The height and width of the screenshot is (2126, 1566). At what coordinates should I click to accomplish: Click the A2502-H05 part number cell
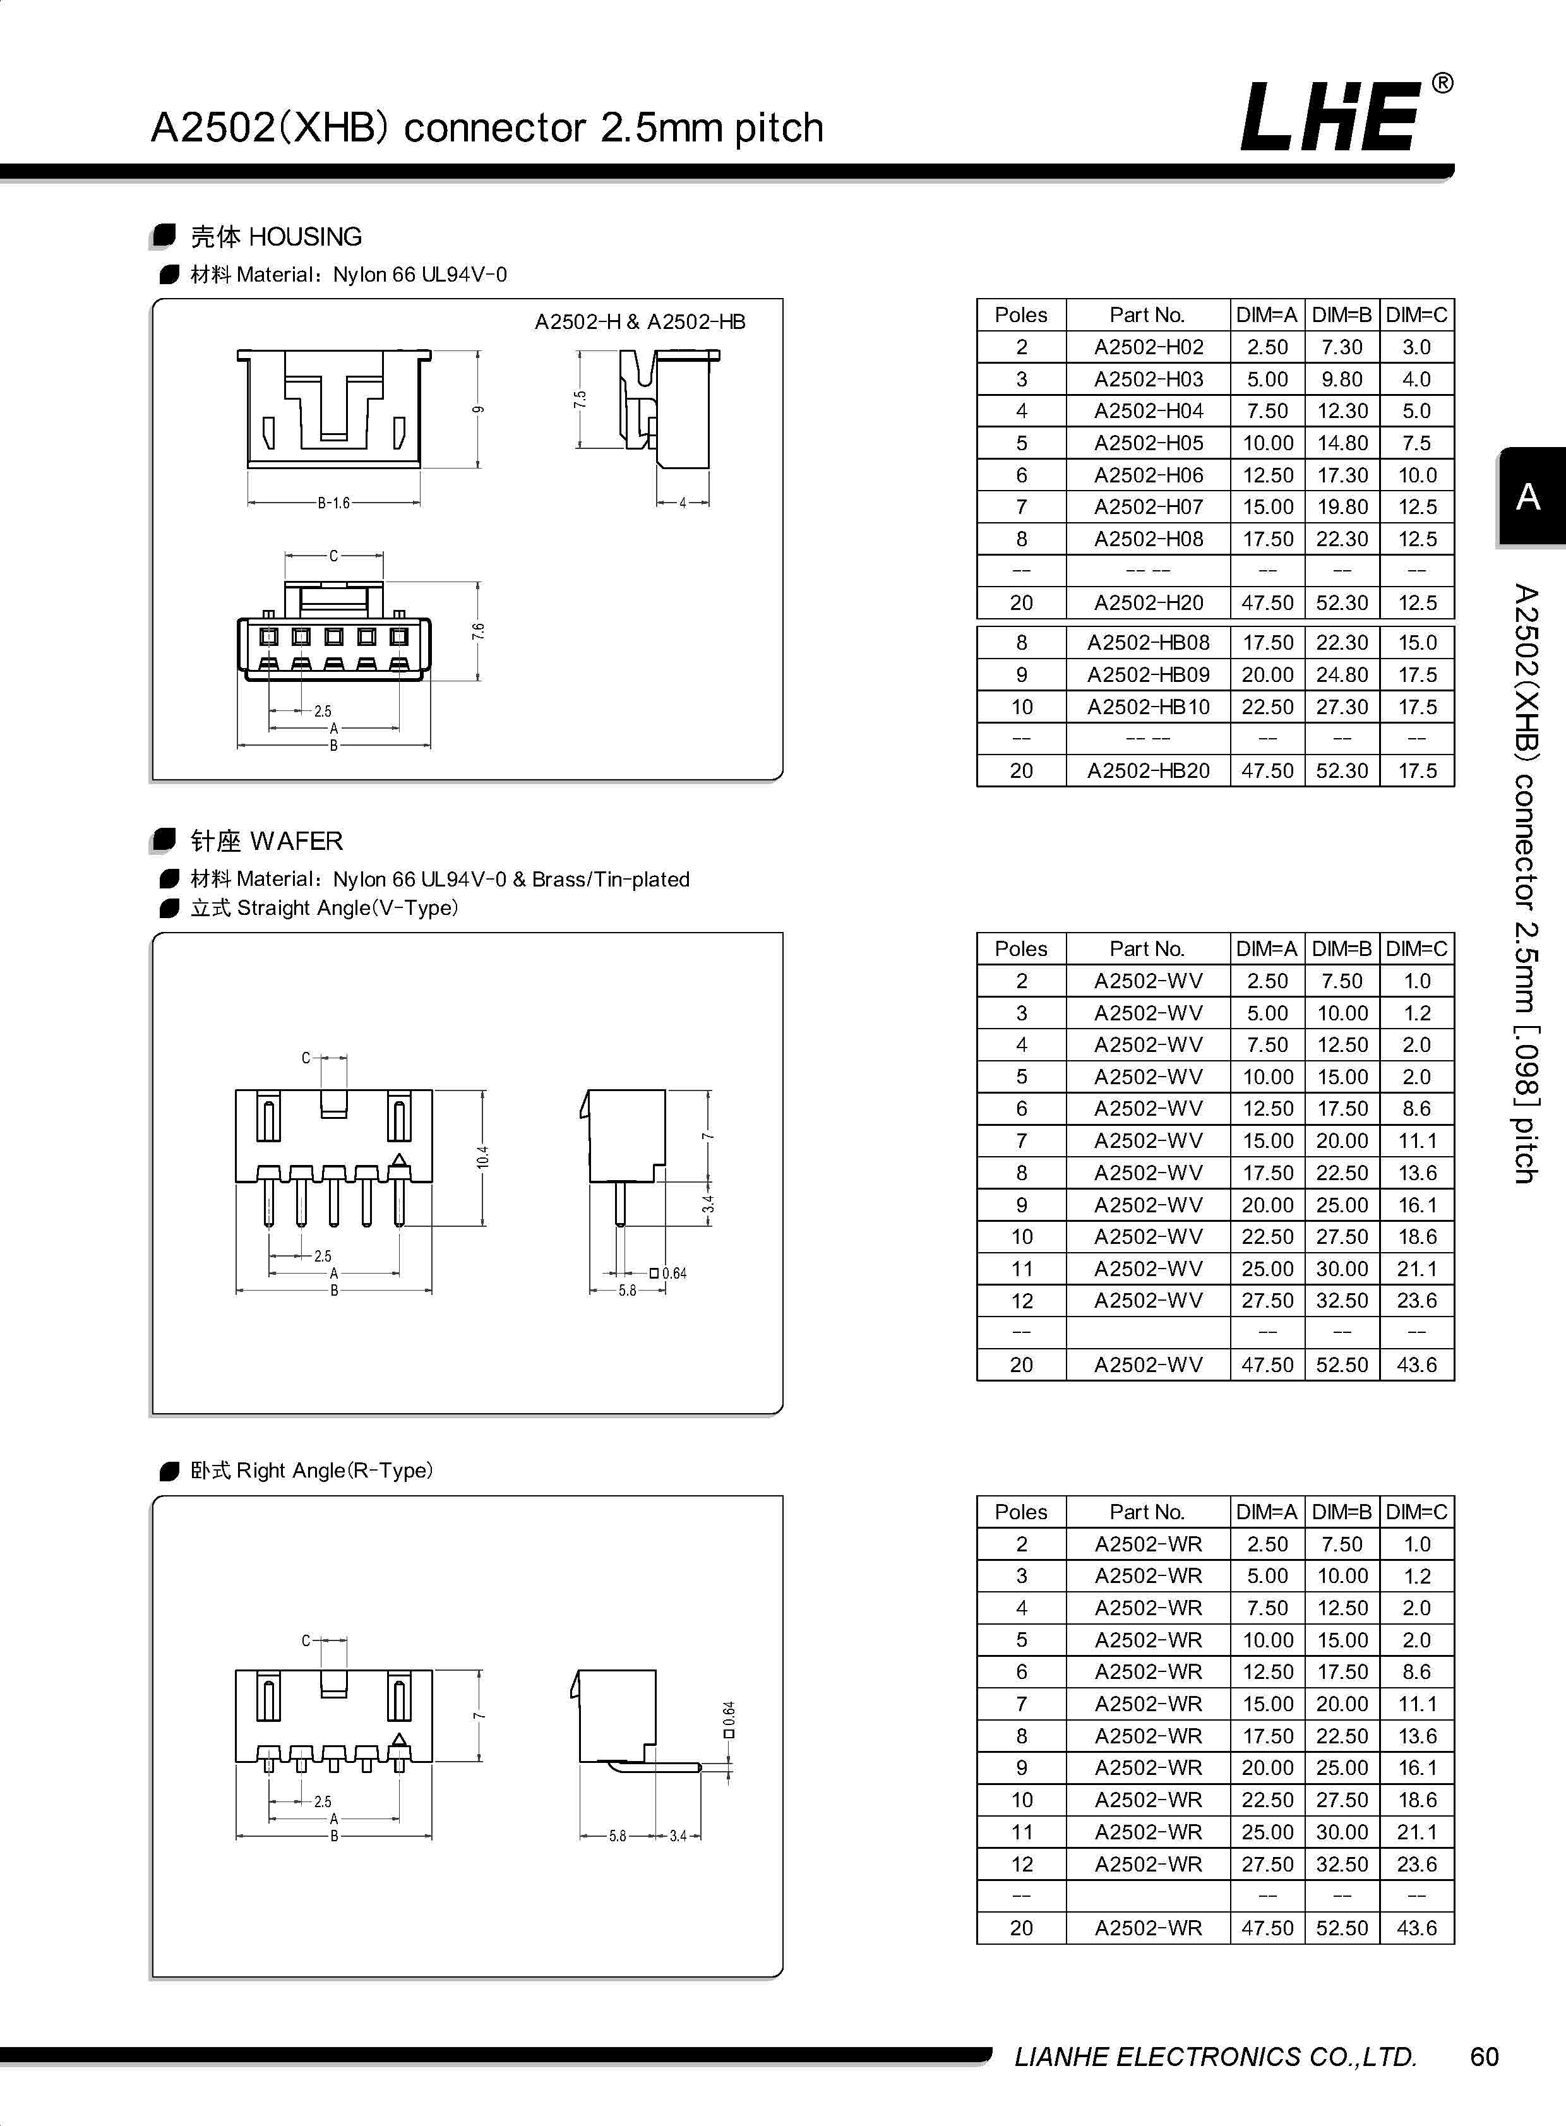(x=1148, y=443)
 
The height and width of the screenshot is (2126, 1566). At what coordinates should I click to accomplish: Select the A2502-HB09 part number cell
(x=1148, y=675)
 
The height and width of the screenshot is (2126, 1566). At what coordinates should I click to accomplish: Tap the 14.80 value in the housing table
(x=1341, y=443)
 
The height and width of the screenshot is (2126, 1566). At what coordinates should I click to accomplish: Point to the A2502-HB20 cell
(x=1148, y=770)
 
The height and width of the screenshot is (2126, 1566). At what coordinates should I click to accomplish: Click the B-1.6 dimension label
(x=333, y=503)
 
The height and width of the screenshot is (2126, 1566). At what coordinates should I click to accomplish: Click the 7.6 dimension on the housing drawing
(x=478, y=630)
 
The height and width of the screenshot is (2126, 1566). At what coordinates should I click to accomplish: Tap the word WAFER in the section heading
(x=297, y=840)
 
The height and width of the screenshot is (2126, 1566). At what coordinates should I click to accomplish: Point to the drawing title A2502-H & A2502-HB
(x=640, y=322)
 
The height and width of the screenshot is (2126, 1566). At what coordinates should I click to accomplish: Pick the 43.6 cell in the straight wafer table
(x=1416, y=1365)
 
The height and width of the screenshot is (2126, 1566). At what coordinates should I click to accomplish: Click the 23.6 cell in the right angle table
(x=1416, y=1865)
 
